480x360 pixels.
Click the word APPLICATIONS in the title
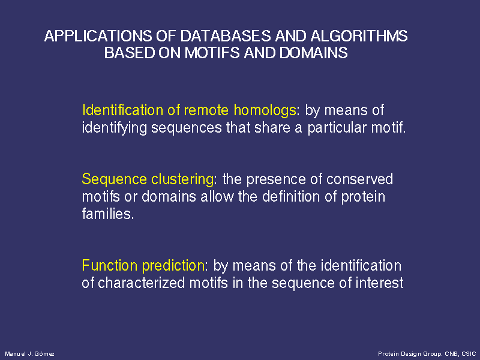(98, 36)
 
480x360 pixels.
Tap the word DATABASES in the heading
(226, 36)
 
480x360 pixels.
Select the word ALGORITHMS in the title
(359, 36)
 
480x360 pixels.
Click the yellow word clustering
(182, 179)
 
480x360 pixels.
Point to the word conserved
(359, 179)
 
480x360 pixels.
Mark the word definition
(292, 196)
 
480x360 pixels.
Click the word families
(108, 214)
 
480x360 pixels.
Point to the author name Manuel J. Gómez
(29, 354)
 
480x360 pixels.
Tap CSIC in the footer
(469, 354)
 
